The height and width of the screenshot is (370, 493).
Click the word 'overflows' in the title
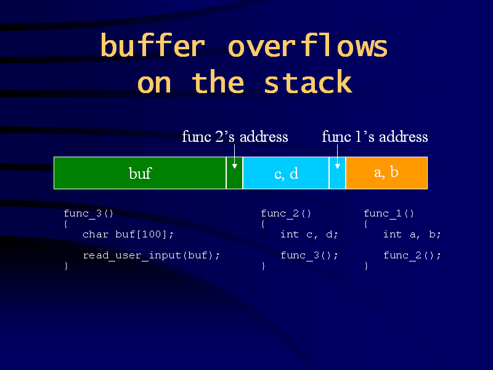pos(308,45)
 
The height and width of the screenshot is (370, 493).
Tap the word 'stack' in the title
pos(308,82)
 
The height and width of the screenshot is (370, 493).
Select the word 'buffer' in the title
pos(153,45)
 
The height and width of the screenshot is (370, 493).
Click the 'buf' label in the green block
pos(141,173)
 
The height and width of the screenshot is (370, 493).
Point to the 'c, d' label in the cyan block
pos(286,174)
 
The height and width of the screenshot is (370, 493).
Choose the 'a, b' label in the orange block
pos(386,172)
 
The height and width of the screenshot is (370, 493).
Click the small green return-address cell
pos(235,173)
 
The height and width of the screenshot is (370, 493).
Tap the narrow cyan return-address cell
pos(337,173)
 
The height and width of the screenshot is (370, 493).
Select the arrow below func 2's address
pos(235,157)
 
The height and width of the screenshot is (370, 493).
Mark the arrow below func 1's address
pos(337,157)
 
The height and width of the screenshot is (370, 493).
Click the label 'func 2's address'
pos(235,136)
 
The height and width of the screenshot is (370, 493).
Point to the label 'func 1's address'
pos(375,136)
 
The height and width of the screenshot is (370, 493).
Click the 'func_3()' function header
pos(88,213)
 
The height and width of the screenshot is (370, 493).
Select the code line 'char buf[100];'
pos(128,234)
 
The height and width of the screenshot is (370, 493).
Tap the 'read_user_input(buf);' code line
pos(151,255)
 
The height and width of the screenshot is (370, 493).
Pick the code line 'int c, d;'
pos(309,234)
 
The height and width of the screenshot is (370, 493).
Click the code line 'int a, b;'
pos(412,234)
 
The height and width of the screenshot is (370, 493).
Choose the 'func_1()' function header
pos(389,213)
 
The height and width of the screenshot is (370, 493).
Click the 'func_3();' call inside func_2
pos(309,255)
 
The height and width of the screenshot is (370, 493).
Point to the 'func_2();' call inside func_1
pos(412,255)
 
